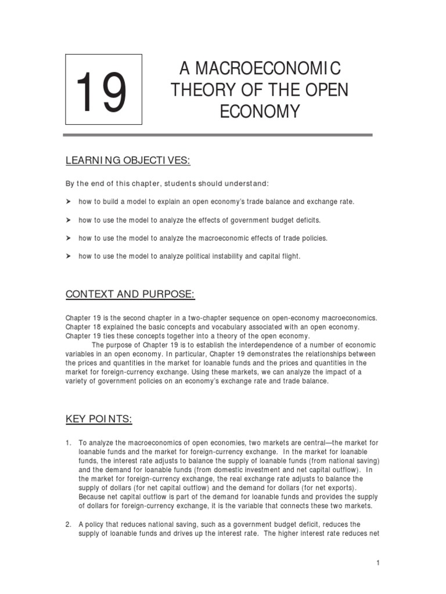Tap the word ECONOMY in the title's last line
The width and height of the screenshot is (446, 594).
pyautogui.click(x=260, y=111)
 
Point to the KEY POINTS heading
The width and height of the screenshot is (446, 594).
pyautogui.click(x=99, y=419)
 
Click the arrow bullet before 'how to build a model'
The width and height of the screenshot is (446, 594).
pyautogui.click(x=67, y=201)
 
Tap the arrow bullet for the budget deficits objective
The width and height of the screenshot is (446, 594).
pyautogui.click(x=67, y=220)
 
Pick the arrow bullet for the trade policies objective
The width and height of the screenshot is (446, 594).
pyautogui.click(x=67, y=238)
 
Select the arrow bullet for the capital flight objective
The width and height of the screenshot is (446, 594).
pyautogui.click(x=67, y=256)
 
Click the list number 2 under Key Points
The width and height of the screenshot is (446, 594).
pyautogui.click(x=67, y=524)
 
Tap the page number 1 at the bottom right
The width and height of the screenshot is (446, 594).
pyautogui.click(x=377, y=563)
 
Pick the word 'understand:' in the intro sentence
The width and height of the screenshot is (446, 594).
pyautogui.click(x=249, y=183)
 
